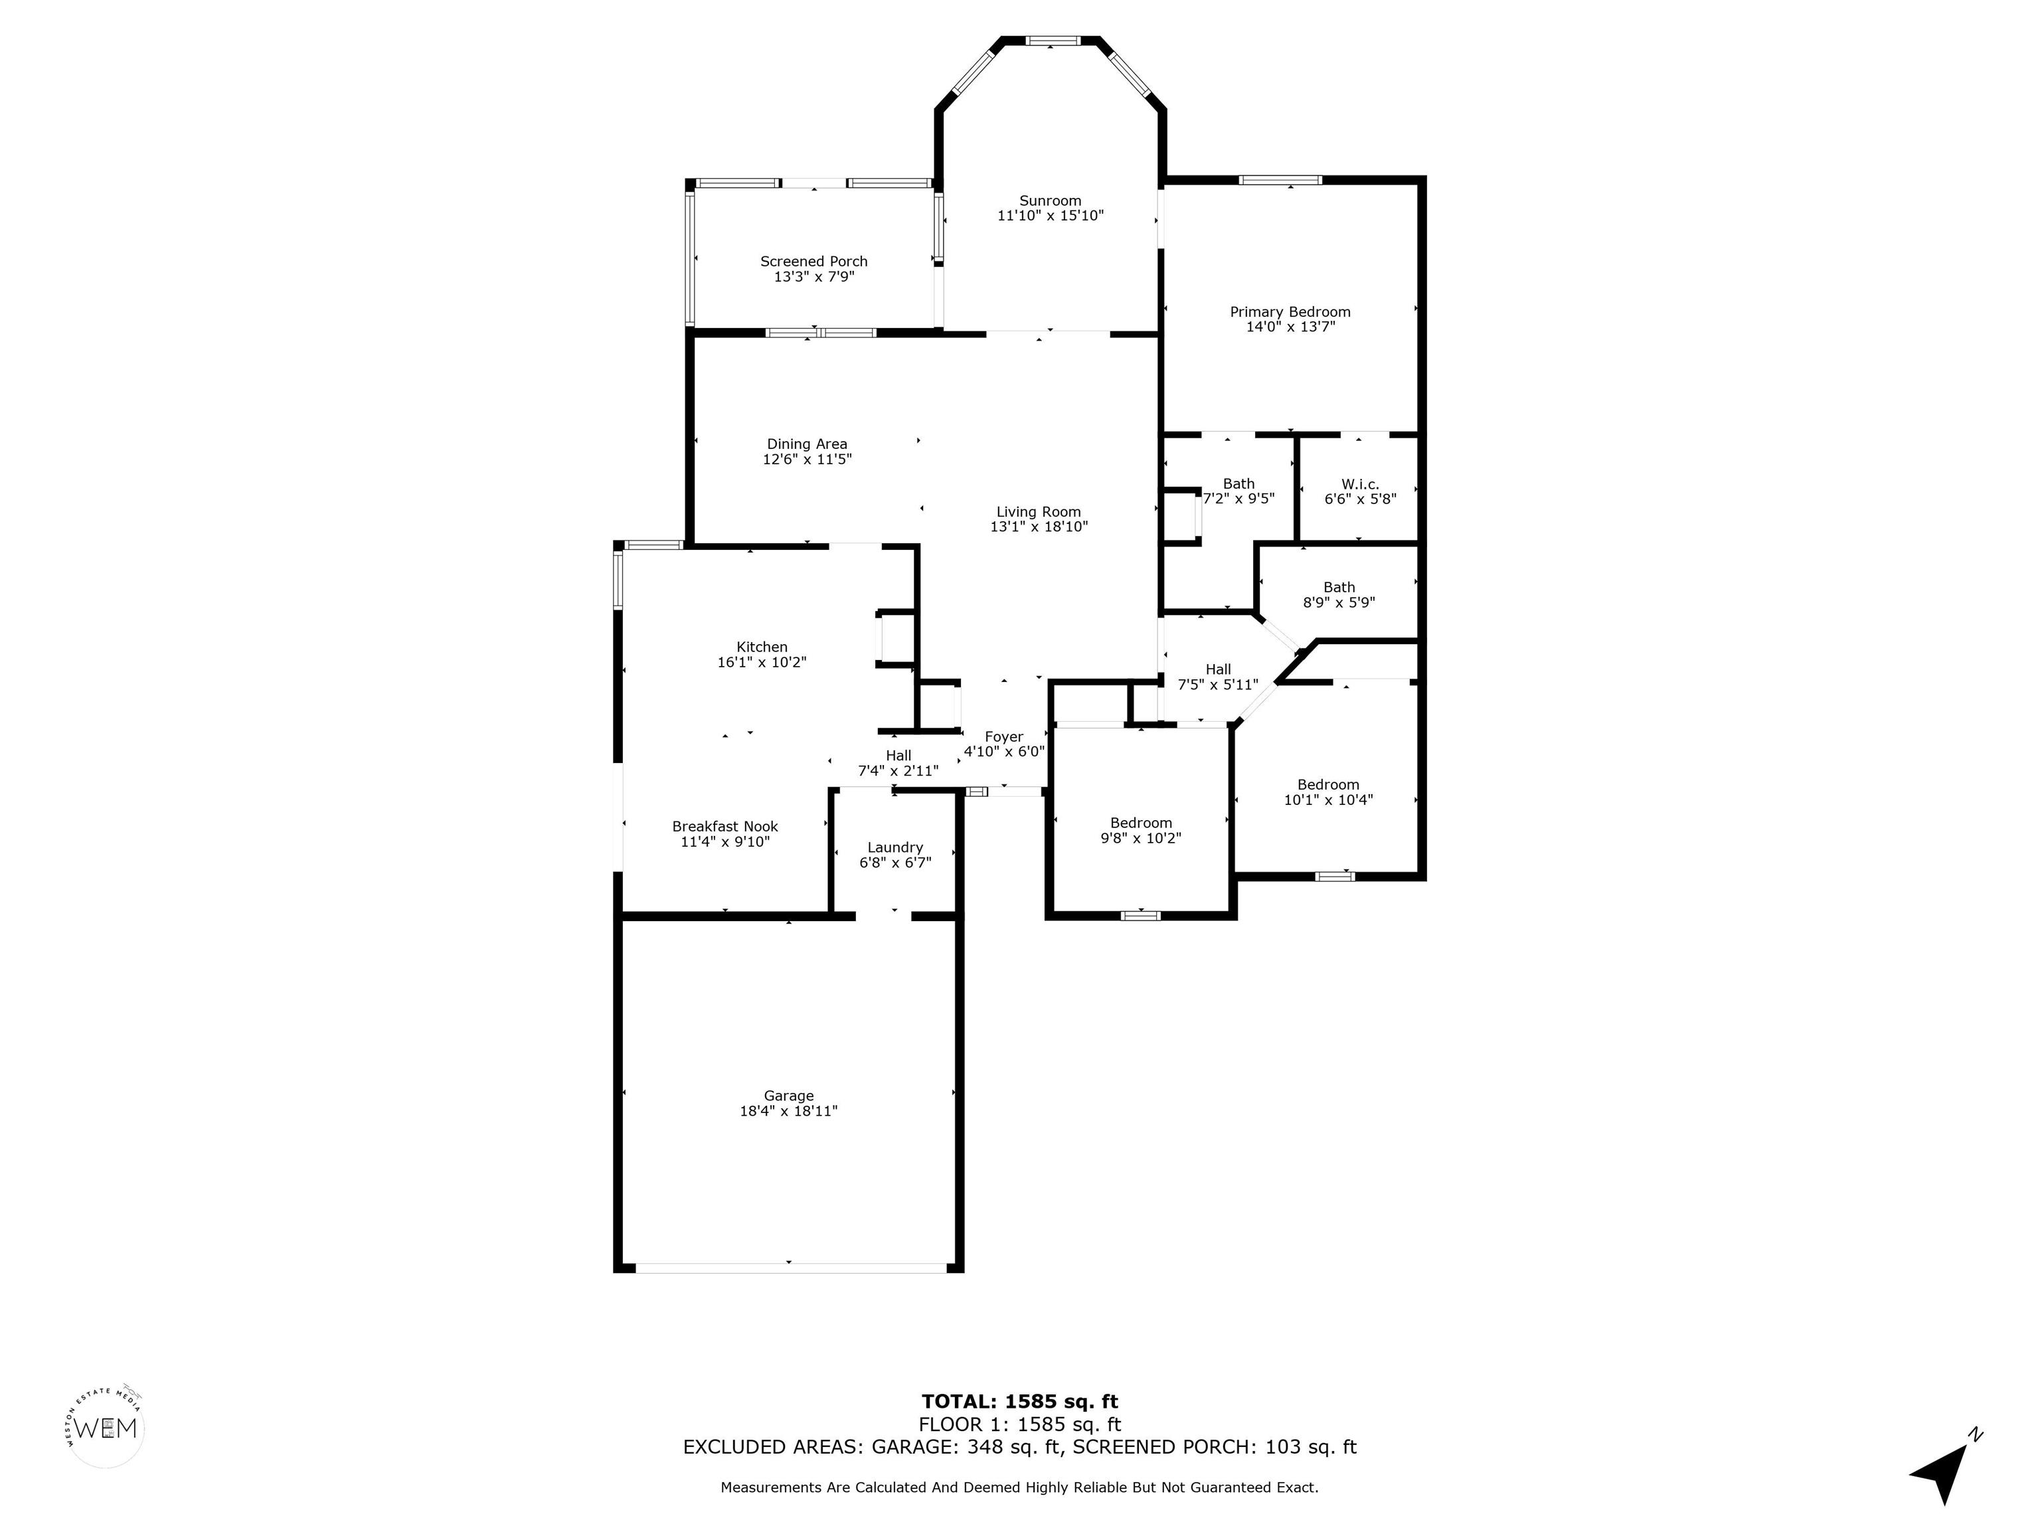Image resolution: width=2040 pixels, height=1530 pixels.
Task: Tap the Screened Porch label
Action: (x=813, y=262)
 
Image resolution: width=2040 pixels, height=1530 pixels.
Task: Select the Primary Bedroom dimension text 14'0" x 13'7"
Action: (x=1290, y=327)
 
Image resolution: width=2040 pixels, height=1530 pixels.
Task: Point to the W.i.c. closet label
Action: (x=1360, y=484)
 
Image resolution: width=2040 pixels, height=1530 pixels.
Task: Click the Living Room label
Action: (x=1039, y=512)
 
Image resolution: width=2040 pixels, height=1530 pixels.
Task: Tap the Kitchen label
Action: (x=762, y=647)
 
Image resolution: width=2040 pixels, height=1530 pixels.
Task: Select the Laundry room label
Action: (x=894, y=847)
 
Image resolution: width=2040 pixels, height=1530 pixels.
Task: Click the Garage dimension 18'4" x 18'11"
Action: (x=788, y=1111)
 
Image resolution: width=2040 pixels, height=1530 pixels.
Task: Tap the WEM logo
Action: (x=106, y=1428)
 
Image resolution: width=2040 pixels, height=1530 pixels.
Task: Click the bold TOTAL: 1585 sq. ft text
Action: (x=1020, y=1402)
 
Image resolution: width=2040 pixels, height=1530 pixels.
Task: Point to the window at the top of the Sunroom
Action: (x=1053, y=41)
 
